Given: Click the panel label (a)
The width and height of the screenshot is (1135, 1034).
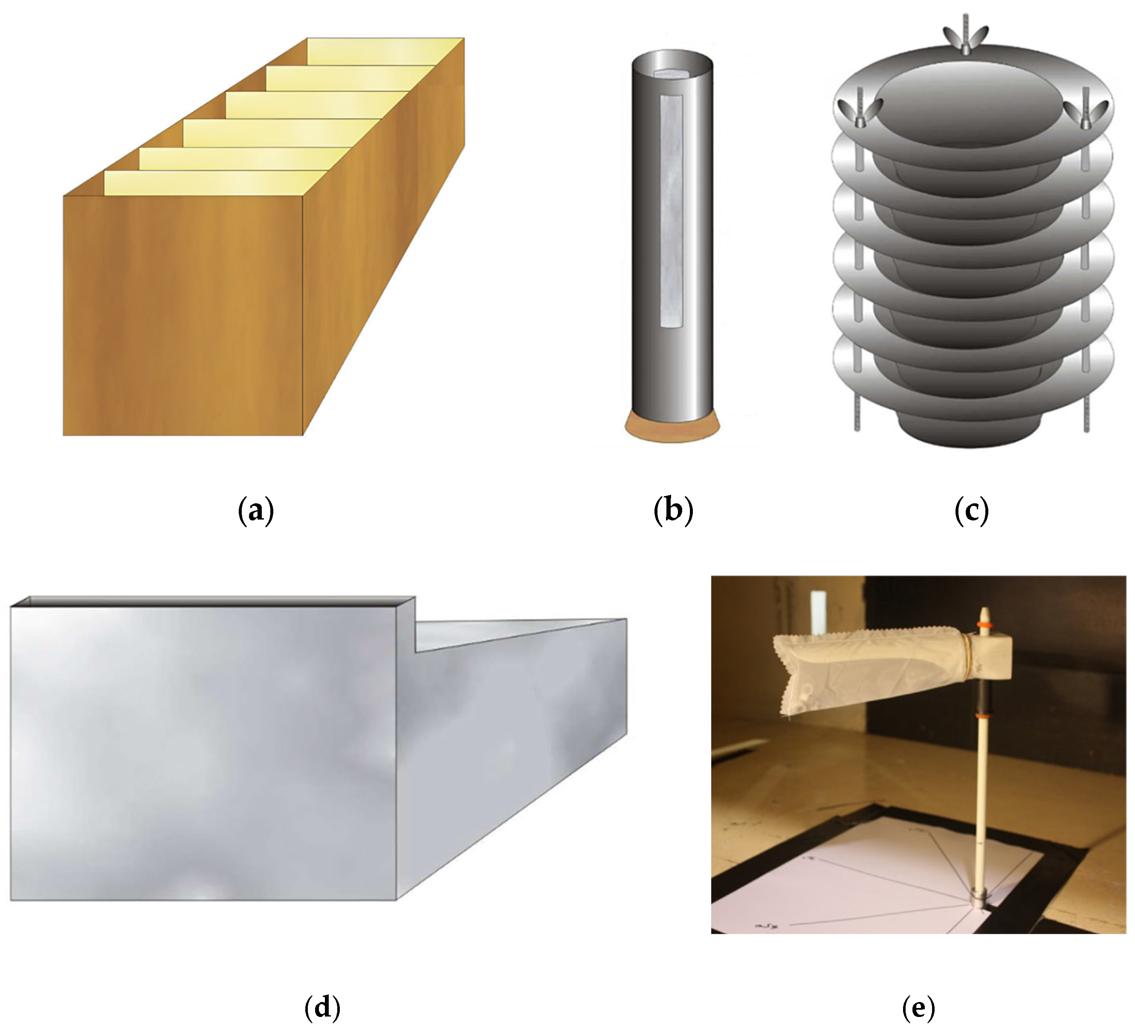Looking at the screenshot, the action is click(x=256, y=511).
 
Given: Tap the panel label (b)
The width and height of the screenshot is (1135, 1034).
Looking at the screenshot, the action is click(x=673, y=511).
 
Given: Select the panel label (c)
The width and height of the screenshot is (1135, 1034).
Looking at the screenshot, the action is click(x=972, y=511).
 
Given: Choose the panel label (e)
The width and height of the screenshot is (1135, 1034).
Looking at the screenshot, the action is click(x=918, y=1007).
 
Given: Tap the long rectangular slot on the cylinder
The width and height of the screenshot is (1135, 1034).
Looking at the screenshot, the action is click(x=671, y=212).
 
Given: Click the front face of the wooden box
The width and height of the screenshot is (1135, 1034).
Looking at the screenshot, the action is click(x=183, y=316).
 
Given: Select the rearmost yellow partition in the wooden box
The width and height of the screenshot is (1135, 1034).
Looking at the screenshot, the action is click(x=385, y=51).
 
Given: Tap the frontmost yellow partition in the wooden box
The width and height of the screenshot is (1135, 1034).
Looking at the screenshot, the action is click(x=217, y=182).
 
